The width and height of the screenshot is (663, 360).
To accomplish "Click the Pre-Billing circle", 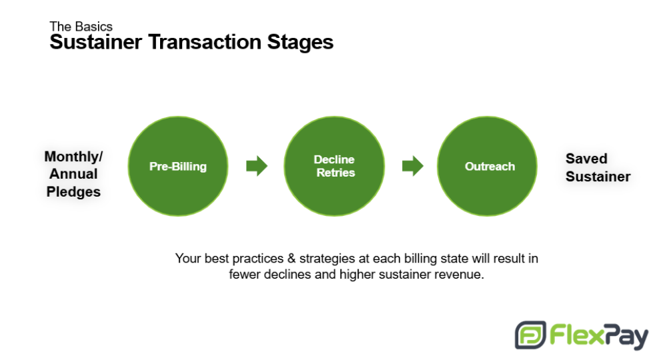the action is (x=178, y=166).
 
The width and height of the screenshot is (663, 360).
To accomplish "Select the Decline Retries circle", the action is (x=334, y=166).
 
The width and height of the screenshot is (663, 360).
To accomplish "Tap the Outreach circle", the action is (x=487, y=166).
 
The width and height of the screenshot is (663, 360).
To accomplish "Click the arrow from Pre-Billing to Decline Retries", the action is (x=257, y=165).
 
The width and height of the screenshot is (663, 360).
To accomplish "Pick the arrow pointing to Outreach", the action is (x=413, y=165).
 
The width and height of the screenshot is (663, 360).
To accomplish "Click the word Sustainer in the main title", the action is (x=95, y=42).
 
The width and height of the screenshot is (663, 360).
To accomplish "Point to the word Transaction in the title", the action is (x=205, y=42).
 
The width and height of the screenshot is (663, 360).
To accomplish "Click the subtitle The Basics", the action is (x=81, y=26).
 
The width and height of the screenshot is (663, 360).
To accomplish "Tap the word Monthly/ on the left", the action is (x=73, y=157).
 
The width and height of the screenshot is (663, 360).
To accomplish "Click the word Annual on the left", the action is (x=73, y=173).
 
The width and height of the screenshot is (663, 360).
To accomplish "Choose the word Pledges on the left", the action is (x=73, y=192).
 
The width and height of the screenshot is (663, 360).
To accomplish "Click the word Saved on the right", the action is (x=586, y=159).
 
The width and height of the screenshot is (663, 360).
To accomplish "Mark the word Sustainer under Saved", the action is (x=598, y=176).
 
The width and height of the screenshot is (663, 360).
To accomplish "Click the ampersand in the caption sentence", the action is (x=291, y=258).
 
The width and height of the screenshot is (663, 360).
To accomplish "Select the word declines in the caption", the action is (x=284, y=274).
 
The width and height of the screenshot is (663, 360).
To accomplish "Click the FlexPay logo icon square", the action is (x=530, y=335).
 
